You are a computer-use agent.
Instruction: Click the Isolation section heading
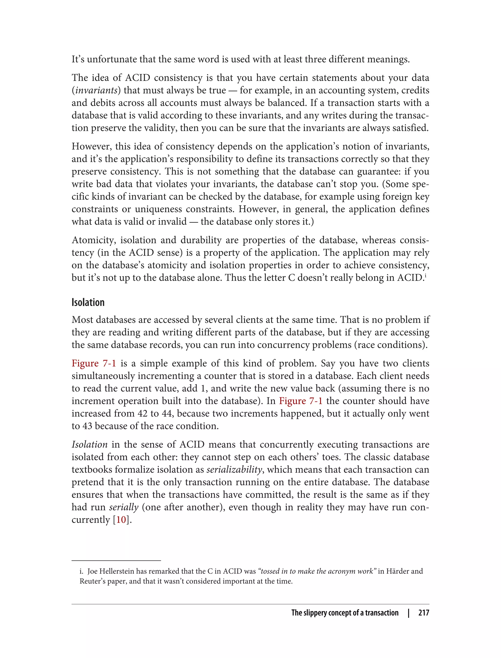[88, 302]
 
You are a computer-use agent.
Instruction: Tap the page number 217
[423, 613]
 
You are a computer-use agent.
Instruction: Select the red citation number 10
[121, 519]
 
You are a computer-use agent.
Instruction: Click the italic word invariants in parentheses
[96, 90]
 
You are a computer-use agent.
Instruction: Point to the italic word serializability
[234, 470]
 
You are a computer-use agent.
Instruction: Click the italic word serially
[124, 507]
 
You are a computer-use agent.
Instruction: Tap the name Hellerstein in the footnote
[123, 571]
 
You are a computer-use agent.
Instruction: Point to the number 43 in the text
[87, 426]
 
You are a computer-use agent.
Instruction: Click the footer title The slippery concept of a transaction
[345, 613]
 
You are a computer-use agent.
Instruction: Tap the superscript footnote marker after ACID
[426, 275]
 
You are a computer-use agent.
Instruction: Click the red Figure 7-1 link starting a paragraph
[94, 363]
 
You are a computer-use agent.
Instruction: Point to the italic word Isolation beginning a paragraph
[90, 444]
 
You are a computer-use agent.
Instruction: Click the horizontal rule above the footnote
[116, 560]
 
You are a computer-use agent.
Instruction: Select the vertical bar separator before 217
[409, 613]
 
